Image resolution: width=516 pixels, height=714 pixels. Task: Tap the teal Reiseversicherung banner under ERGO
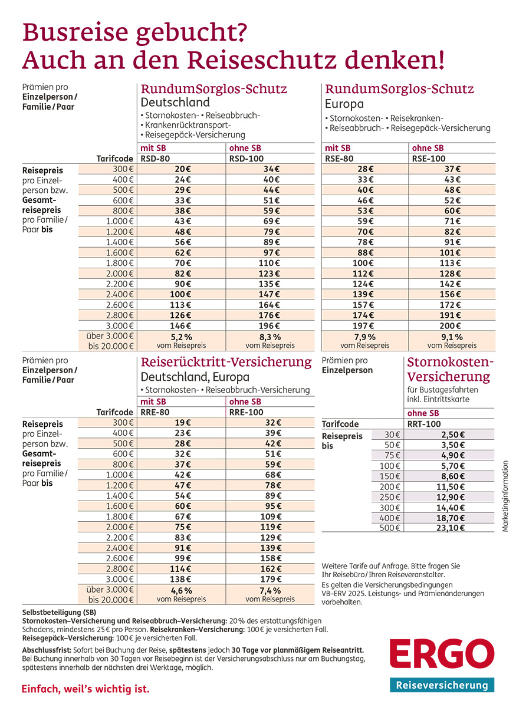(442, 685)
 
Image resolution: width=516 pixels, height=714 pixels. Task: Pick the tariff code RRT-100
(424, 424)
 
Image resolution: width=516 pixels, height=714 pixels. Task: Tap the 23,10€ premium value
(450, 528)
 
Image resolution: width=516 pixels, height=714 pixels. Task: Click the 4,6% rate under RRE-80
(181, 591)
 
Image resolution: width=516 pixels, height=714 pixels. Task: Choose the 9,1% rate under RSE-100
(452, 337)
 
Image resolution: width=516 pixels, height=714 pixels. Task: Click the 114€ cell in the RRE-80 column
(182, 570)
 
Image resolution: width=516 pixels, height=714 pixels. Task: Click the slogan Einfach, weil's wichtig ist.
(86, 689)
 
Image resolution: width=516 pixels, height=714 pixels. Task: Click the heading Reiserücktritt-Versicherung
(226, 361)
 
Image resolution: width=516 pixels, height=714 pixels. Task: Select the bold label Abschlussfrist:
(45, 650)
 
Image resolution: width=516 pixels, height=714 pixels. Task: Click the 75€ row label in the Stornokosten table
(393, 455)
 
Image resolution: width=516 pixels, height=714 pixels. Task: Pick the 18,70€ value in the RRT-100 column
(450, 517)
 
